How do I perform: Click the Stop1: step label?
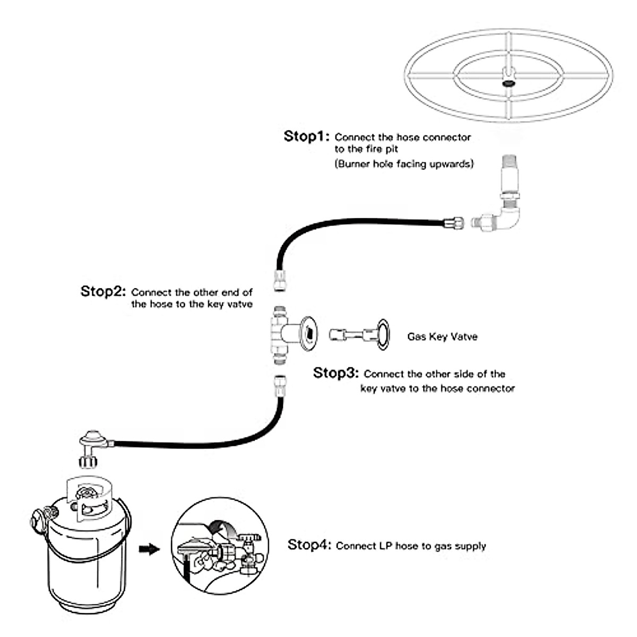coord(306,136)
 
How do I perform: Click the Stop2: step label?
coord(103,291)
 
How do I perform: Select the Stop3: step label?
coord(336,373)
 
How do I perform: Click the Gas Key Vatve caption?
coord(442,337)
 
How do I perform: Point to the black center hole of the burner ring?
coord(509,83)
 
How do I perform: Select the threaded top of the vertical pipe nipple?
coord(509,162)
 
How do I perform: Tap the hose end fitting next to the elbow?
coord(454,223)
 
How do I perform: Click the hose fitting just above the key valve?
coord(280,280)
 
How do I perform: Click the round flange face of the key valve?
coord(309,335)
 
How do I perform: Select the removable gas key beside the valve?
coord(360,334)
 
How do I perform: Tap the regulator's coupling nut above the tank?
coord(88,461)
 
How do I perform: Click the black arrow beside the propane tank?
coord(149,549)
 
